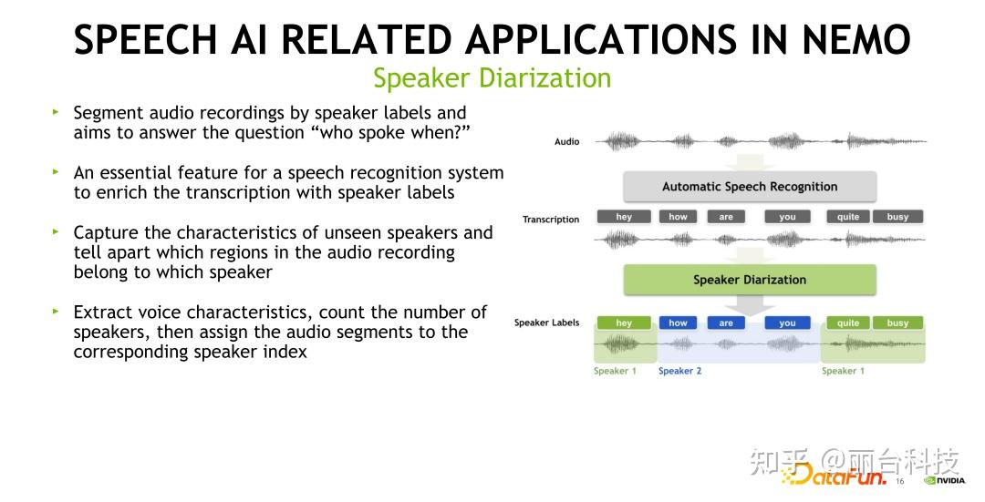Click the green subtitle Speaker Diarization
click(x=492, y=78)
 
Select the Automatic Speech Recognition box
click(x=749, y=187)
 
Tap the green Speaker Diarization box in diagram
click(x=749, y=280)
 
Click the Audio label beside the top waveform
click(x=566, y=142)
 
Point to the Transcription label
click(x=550, y=220)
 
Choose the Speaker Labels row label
click(x=546, y=323)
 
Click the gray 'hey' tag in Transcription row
click(x=624, y=217)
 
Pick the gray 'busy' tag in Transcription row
click(x=897, y=217)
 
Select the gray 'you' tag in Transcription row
click(x=787, y=217)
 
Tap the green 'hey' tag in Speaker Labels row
click(x=624, y=323)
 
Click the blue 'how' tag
click(x=678, y=323)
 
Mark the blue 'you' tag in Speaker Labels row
click(x=787, y=323)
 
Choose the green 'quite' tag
click(x=848, y=323)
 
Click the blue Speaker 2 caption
click(x=679, y=371)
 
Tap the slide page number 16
click(x=899, y=481)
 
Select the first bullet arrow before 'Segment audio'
click(x=55, y=112)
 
